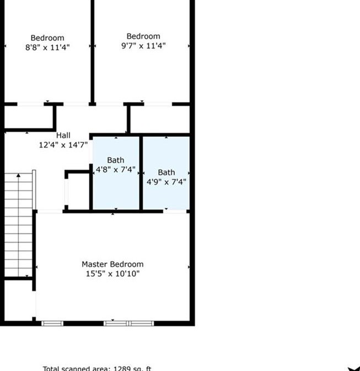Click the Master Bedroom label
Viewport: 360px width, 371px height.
(112, 264)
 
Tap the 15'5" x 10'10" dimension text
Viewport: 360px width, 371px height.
(112, 273)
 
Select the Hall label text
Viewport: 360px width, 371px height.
(63, 136)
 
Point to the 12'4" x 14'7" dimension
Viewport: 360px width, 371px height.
(63, 146)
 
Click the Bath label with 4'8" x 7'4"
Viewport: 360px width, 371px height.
(116, 160)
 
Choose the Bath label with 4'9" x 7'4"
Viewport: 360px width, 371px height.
(166, 172)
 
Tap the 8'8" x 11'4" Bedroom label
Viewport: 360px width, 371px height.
(47, 38)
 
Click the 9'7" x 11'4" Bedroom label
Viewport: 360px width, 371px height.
(143, 36)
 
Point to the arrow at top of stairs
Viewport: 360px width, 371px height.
(19, 176)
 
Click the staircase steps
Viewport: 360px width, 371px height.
(19, 226)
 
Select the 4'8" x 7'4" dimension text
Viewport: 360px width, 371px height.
(116, 170)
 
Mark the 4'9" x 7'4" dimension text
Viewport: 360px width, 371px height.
(166, 181)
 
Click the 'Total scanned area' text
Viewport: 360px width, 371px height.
(77, 368)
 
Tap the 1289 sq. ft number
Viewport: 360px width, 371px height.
(132, 368)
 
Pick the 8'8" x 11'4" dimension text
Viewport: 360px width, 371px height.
(47, 47)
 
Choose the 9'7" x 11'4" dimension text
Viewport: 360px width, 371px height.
(143, 46)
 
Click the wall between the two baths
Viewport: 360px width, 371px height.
(141, 172)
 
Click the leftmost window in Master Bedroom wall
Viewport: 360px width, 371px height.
(53, 323)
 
